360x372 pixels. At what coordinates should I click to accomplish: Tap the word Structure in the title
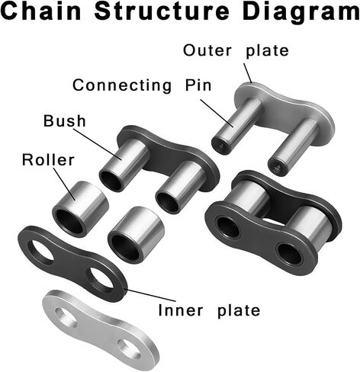click(162, 11)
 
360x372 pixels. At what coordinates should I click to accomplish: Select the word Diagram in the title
click(301, 13)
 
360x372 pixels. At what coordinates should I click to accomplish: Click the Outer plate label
click(236, 51)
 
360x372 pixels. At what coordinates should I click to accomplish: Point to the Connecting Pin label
click(142, 85)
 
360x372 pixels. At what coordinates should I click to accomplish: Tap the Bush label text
click(65, 121)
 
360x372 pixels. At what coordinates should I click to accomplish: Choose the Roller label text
click(48, 160)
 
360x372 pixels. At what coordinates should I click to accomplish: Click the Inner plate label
click(209, 310)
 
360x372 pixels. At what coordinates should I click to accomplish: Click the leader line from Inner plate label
click(150, 295)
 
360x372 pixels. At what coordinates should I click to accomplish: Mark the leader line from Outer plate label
click(248, 73)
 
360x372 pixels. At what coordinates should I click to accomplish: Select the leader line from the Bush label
click(98, 144)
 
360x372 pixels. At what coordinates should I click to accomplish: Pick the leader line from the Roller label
click(64, 184)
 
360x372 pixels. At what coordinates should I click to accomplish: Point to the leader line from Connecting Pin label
click(217, 113)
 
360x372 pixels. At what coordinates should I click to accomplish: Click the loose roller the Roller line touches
click(81, 209)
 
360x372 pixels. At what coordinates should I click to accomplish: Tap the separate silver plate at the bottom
click(101, 331)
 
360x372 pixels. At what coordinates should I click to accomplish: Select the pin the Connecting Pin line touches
click(237, 126)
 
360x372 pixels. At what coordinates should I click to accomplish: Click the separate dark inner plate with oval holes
click(72, 264)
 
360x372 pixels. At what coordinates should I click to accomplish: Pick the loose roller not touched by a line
click(136, 235)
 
